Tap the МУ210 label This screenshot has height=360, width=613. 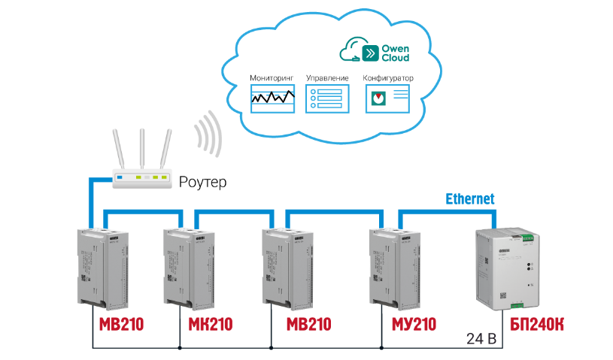[x=414, y=325]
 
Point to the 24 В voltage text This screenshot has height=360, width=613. [x=482, y=339]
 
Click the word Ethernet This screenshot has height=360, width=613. [x=470, y=199]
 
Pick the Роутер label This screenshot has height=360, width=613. [x=202, y=181]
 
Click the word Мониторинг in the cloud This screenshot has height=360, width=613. [x=272, y=78]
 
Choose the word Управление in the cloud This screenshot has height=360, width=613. [x=327, y=78]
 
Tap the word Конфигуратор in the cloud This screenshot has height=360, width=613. [x=388, y=78]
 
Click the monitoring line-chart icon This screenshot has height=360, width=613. [x=272, y=98]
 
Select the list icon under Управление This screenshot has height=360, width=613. [x=328, y=98]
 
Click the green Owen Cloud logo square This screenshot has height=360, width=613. [x=371, y=52]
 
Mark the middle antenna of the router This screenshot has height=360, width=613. [x=141, y=150]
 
